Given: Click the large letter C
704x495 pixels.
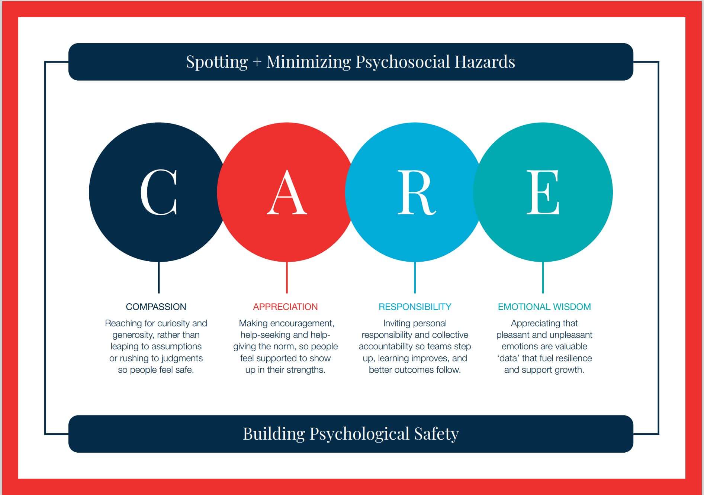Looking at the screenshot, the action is tap(159, 192).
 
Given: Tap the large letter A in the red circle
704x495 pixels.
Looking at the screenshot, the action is tap(287, 192).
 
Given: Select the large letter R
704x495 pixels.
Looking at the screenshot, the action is tap(417, 192).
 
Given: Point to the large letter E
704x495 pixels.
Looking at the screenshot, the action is tap(543, 192).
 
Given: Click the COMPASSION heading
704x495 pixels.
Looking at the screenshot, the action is tap(156, 307).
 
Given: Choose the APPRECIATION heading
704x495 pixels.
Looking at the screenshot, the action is tap(285, 307).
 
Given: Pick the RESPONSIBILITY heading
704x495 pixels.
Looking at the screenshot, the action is tap(415, 307).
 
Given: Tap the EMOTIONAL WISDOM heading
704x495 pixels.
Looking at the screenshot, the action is tap(544, 307).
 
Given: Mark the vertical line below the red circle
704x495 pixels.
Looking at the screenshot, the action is tap(287, 277).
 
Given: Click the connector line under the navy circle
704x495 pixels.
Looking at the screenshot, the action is tap(159, 277).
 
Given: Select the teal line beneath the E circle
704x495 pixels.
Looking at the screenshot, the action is tap(543, 277).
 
